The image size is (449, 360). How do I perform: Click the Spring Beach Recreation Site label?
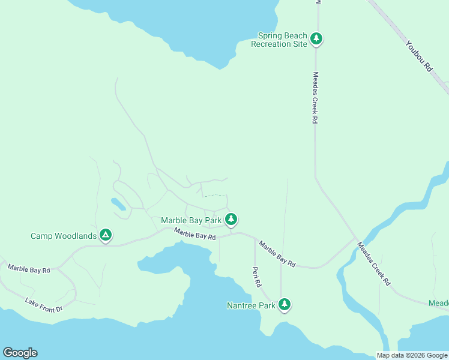point(279,40)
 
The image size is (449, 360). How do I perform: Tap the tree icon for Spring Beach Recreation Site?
point(316,40)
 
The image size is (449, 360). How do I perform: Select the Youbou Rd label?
point(418,56)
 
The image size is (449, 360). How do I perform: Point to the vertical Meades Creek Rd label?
point(314,98)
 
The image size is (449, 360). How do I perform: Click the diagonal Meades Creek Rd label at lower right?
point(373,263)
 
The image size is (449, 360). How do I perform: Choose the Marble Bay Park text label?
point(191,220)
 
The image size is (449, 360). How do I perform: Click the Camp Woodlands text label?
point(63,236)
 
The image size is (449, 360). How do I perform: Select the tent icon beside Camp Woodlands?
point(105,235)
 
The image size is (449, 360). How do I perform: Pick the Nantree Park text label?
point(251,305)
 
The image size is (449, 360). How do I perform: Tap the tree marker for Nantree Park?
point(285,305)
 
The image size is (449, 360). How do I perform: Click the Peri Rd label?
point(256,275)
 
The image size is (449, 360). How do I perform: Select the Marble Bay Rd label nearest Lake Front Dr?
point(29,269)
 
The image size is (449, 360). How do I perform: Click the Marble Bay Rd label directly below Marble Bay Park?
point(195,234)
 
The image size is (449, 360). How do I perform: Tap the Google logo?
point(20,353)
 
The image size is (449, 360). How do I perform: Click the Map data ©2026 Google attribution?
point(412,355)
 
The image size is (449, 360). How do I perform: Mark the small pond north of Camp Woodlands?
point(118,204)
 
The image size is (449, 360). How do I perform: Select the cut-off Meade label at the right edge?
point(438,303)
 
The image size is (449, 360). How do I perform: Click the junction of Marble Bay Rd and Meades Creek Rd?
point(355,239)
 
